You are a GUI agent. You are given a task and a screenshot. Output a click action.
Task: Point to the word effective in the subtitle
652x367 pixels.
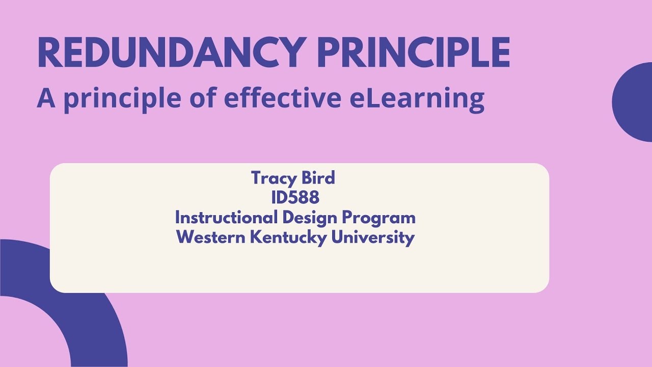click(x=283, y=98)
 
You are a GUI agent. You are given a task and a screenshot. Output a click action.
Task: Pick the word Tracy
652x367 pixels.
click(x=273, y=178)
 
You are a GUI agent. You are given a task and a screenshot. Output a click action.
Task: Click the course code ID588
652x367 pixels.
click(x=295, y=197)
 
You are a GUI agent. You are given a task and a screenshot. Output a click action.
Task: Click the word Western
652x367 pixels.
click(x=211, y=237)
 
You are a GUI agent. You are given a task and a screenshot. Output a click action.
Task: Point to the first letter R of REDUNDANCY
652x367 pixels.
click(x=49, y=53)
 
